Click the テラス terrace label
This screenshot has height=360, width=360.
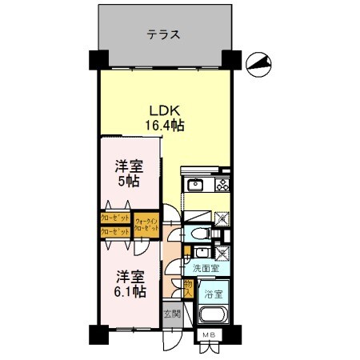coord(162,35)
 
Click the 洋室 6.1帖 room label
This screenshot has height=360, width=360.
coord(128,283)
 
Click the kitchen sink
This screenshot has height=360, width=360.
coord(195,186)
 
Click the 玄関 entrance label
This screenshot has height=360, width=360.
coord(172,313)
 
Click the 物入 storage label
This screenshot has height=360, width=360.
coord(189,287)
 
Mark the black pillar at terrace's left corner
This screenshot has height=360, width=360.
coord(98,59)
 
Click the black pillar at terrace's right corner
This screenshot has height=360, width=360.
coord(230,59)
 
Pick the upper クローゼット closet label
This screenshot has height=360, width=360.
coord(116,217)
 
